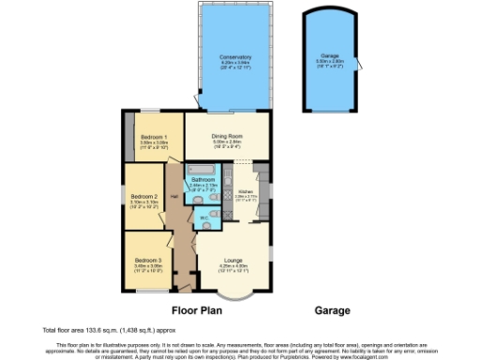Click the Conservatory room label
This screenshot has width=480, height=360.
pos(229,57)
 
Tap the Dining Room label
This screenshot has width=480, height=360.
pos(227,135)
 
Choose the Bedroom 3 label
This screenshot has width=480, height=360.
pos(147,259)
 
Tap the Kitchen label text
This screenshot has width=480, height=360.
pos(246,190)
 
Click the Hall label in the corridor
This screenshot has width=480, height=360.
pos(173,197)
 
